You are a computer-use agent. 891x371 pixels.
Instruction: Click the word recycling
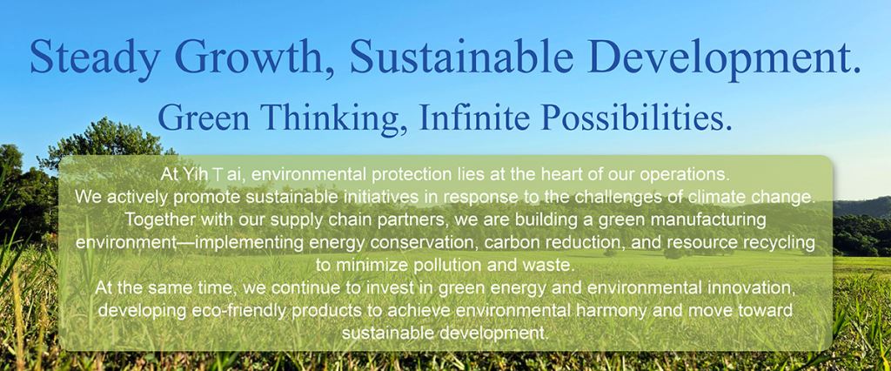[x=780, y=243]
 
